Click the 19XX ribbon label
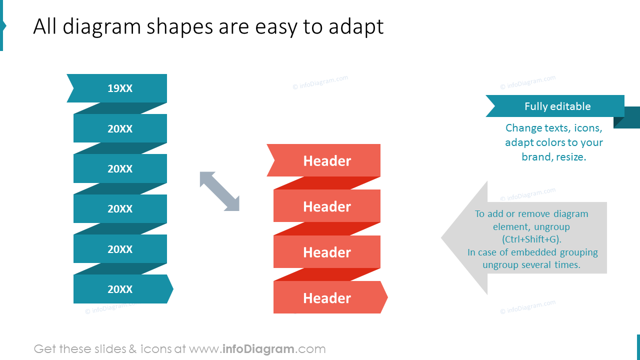click(x=120, y=88)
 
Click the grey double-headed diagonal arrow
click(x=219, y=191)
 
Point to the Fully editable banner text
click(x=557, y=106)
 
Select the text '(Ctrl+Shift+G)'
click(x=531, y=239)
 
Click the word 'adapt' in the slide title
click(x=356, y=26)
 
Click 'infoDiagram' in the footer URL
click(x=258, y=349)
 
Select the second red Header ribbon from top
click(x=327, y=206)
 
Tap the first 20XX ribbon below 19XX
click(x=120, y=128)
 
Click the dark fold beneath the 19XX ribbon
click(x=120, y=108)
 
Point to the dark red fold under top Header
click(x=327, y=183)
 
